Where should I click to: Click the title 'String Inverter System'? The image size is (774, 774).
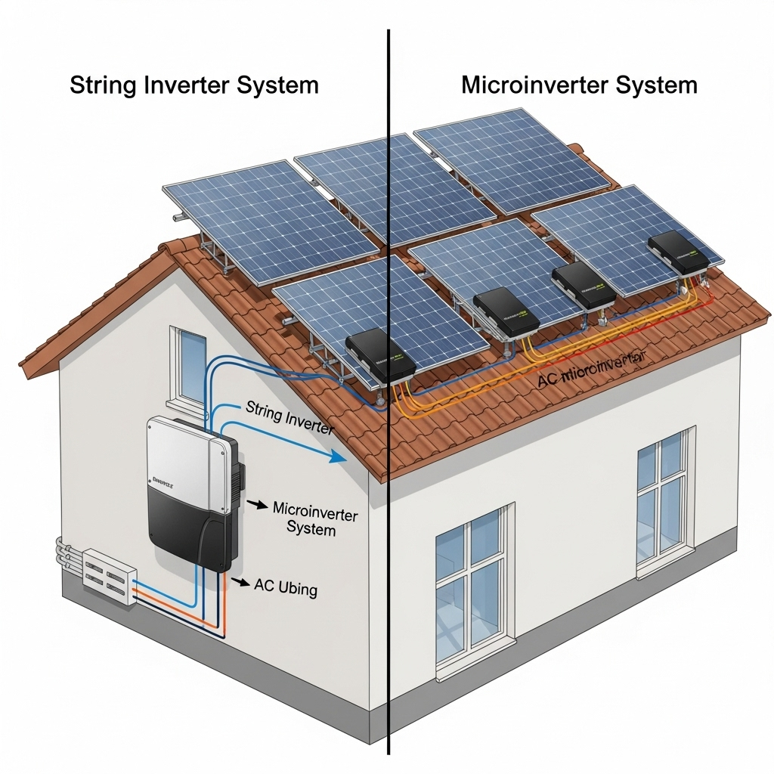pyautogui.click(x=193, y=85)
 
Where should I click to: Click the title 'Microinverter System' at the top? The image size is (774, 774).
pyautogui.click(x=579, y=85)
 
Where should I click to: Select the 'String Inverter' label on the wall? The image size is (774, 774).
pyautogui.click(x=289, y=417)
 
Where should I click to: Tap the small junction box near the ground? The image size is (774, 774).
pyautogui.click(x=108, y=577)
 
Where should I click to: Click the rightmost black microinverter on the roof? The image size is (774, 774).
pyautogui.click(x=678, y=252)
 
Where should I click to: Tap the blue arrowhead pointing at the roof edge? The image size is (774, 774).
pyautogui.click(x=337, y=457)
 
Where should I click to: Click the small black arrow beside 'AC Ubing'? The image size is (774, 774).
pyautogui.click(x=241, y=581)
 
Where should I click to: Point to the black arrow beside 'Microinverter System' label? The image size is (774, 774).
pyautogui.click(x=259, y=503)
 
